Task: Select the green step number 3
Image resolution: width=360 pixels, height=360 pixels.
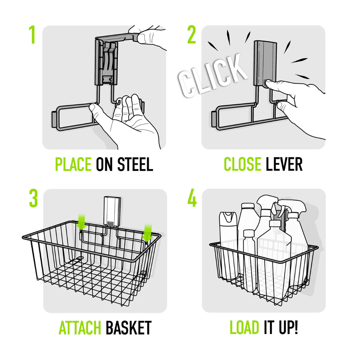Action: (33, 199)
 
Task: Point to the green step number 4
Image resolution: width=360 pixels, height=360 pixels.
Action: (192, 199)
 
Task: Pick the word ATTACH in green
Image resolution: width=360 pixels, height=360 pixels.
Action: (80, 328)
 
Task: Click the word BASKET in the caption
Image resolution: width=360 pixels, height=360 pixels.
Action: (128, 328)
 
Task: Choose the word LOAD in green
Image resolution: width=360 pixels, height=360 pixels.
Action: (244, 328)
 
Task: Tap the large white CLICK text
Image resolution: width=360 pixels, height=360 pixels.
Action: (213, 76)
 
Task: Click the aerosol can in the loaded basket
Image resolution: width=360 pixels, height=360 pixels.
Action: (228, 243)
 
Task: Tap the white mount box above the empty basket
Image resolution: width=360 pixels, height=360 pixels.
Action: (112, 211)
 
